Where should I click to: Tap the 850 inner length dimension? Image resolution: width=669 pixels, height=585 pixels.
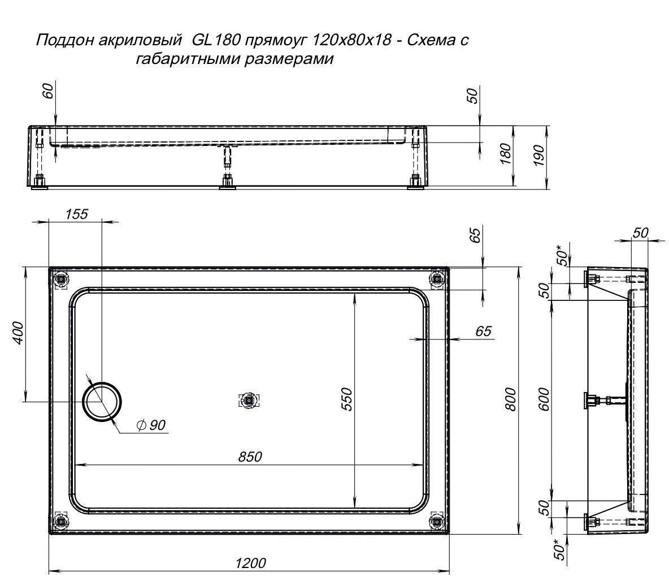pos(250,456)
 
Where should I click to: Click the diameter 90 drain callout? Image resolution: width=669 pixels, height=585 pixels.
pos(151,425)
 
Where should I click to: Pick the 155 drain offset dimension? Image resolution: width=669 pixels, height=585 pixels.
pos(77,214)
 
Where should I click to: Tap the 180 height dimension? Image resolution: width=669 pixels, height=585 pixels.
pos(506,153)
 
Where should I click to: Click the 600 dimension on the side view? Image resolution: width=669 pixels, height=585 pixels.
pos(544,399)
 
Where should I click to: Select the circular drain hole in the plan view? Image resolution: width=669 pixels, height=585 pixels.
pos(102,401)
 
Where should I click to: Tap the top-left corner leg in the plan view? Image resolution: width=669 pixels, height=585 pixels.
pos(61,279)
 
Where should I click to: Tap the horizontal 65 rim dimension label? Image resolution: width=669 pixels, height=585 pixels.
pos(484,331)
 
